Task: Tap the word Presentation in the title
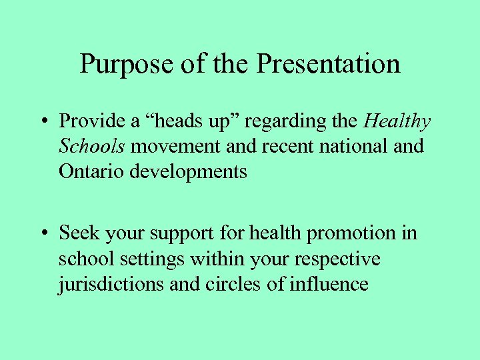328,64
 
